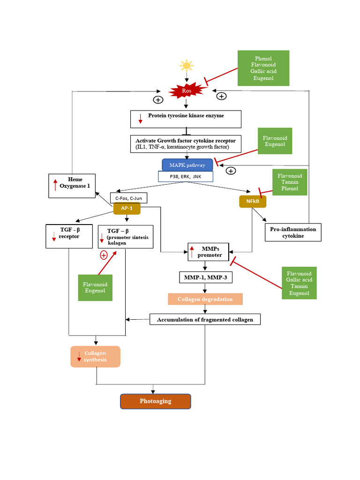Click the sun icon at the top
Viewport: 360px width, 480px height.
pyautogui.click(x=186, y=65)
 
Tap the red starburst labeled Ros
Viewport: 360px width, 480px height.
pyautogui.click(x=187, y=90)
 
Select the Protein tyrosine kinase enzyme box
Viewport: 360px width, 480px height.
pyautogui.click(x=186, y=119)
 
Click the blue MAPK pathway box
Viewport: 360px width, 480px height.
pyautogui.click(x=187, y=165)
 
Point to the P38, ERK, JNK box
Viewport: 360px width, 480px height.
pyautogui.click(x=185, y=176)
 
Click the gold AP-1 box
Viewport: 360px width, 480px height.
pyautogui.click(x=127, y=208)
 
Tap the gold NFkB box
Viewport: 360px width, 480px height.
pyautogui.click(x=253, y=202)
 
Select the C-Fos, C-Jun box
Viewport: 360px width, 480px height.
pyautogui.click(x=129, y=198)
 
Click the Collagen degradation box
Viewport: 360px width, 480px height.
pyautogui.click(x=205, y=299)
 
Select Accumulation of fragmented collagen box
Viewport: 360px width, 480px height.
pyautogui.click(x=205, y=319)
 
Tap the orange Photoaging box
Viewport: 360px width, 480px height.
pyautogui.click(x=156, y=401)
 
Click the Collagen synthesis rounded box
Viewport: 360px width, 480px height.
pyautogui.click(x=95, y=356)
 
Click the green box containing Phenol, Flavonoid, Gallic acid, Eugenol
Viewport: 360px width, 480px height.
pyautogui.click(x=263, y=68)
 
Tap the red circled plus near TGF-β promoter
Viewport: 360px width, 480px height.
pyautogui.click(x=104, y=255)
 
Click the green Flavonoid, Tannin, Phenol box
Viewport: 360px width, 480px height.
pyautogui.click(x=290, y=182)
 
